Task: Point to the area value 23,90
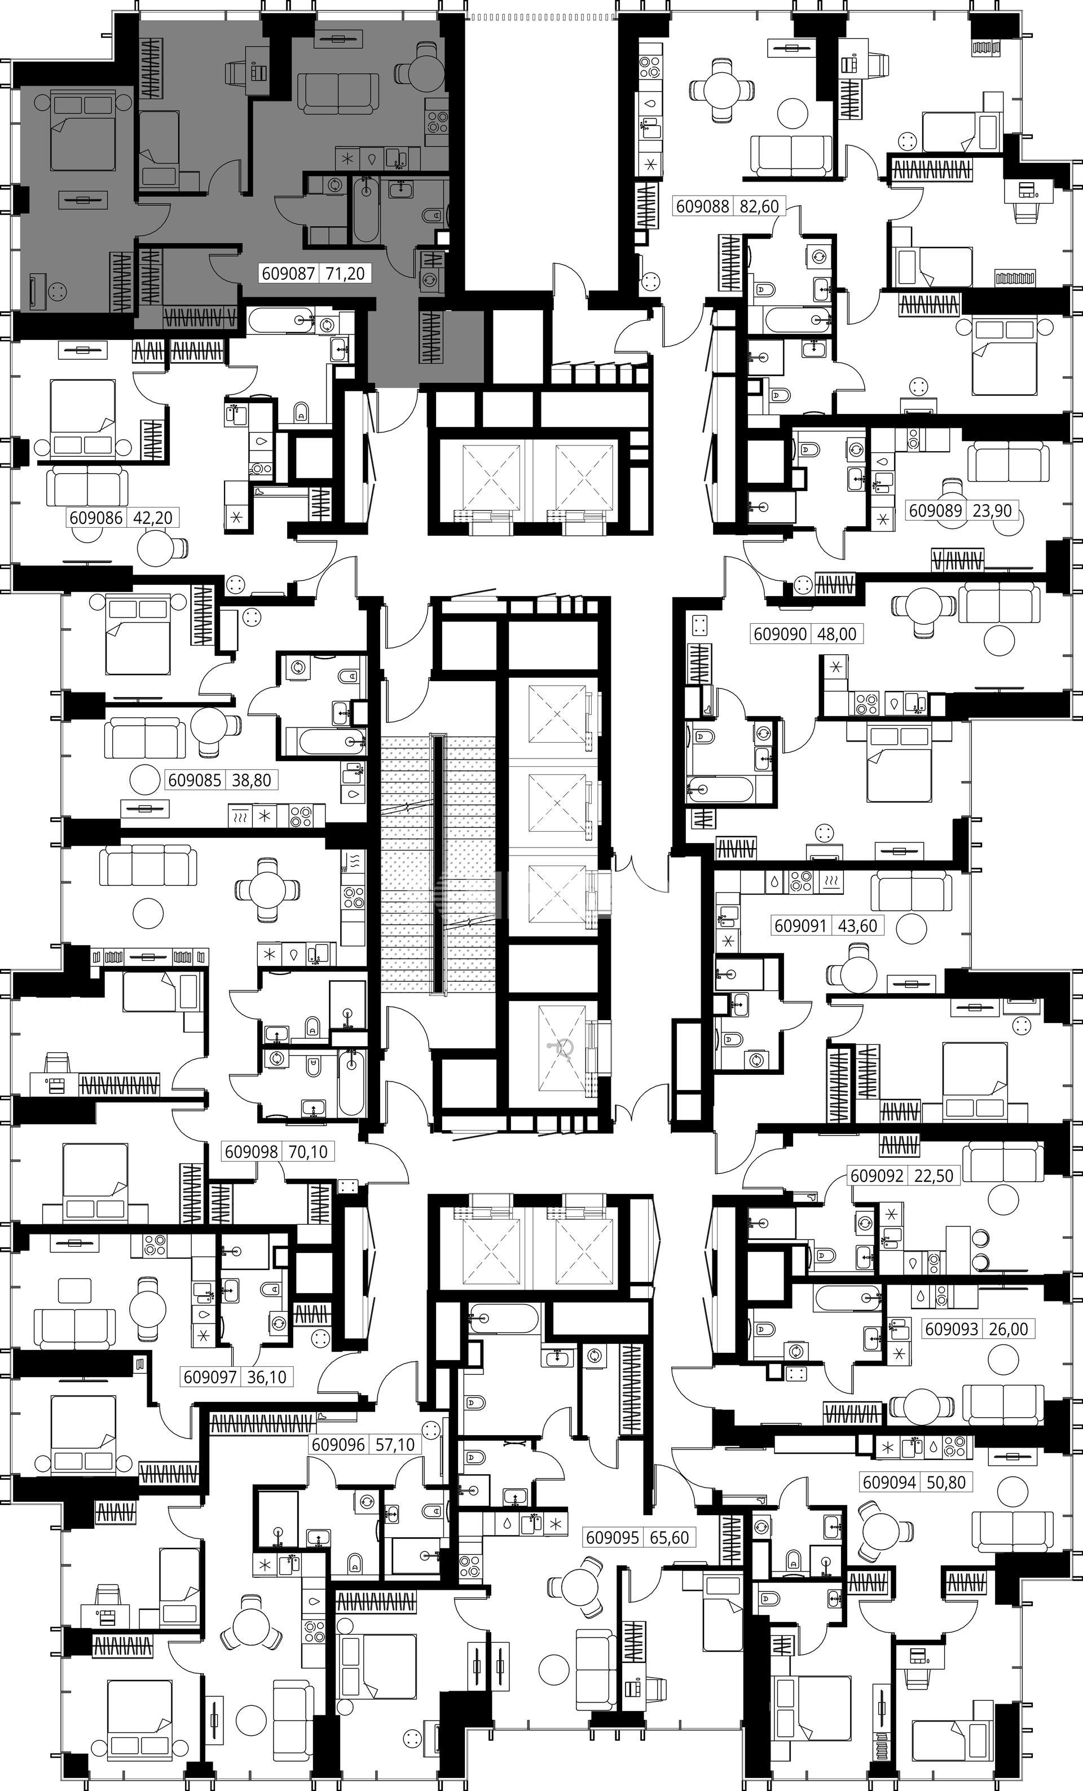point(992,510)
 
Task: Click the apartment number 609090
point(781,634)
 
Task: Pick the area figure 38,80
point(252,780)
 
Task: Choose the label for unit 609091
point(801,926)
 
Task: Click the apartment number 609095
point(613,1537)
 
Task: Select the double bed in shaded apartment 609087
point(83,130)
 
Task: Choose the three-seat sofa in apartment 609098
point(148,865)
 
